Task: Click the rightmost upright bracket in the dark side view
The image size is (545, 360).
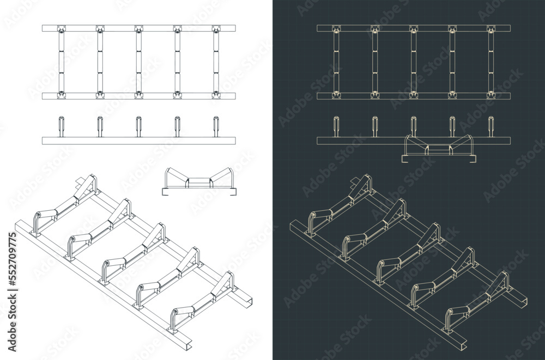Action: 491,126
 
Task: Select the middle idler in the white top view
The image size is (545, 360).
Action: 138,62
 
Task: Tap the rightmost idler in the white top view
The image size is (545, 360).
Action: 215,62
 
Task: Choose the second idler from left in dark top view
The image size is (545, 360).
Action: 375,62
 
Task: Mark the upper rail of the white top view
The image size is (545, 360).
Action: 139,28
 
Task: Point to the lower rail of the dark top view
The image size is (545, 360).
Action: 414,95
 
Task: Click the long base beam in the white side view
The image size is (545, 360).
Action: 139,141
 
